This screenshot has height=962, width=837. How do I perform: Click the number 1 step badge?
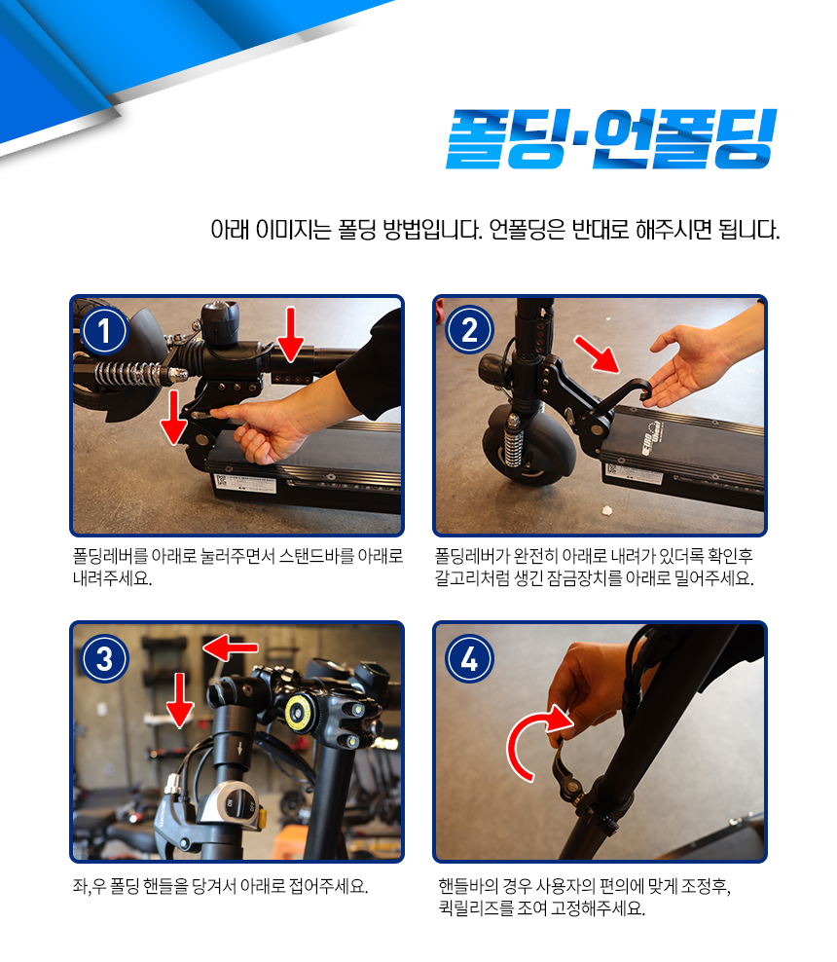tap(104, 331)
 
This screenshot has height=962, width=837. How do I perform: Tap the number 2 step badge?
tap(470, 330)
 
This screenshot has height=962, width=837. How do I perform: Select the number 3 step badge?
tap(105, 659)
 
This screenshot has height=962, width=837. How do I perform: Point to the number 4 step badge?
tap(470, 659)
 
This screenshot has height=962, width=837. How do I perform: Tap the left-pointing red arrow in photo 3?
tap(231, 647)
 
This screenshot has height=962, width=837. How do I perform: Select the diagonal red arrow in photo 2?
tap(598, 354)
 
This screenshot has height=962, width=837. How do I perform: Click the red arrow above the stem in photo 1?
tap(291, 334)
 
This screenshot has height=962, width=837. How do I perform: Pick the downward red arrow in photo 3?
tap(180, 699)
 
